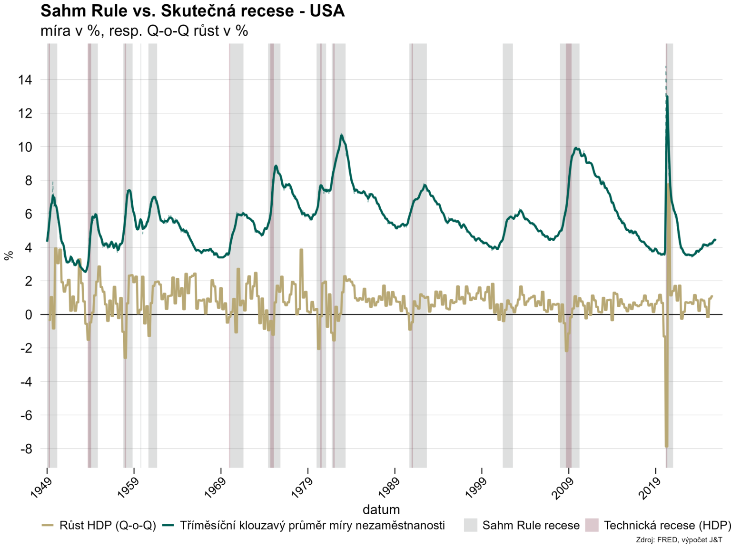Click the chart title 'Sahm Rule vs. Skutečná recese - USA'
[192, 10]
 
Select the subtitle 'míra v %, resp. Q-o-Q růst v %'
[144, 31]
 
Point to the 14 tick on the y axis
[25, 80]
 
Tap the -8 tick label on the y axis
[26, 449]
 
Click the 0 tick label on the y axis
[29, 314]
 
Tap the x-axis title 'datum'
[381, 509]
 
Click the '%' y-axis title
[9, 255]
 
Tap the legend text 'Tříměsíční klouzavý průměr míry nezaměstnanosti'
[312, 525]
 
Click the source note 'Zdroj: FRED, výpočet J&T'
[679, 540]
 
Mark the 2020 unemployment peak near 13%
[667, 97]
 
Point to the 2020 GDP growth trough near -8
[666, 446]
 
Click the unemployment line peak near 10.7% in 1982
[341, 135]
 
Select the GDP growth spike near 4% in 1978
[301, 250]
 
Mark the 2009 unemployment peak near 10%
[576, 148]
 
